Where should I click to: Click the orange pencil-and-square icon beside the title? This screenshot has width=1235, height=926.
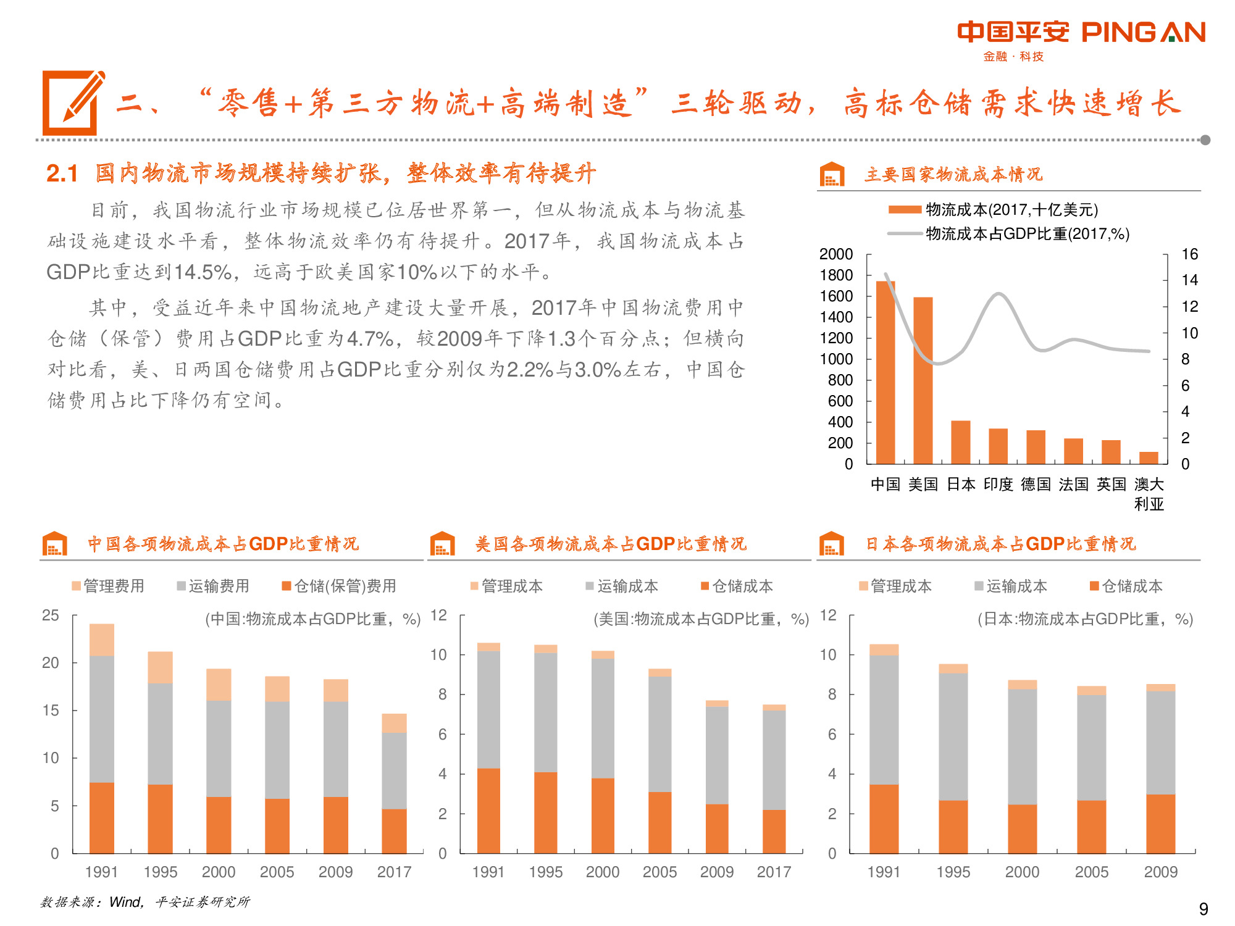click(x=72, y=103)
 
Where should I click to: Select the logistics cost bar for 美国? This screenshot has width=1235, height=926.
click(x=923, y=380)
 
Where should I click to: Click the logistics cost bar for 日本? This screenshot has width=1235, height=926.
click(x=960, y=442)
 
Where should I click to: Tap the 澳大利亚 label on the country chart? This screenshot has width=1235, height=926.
click(x=1149, y=494)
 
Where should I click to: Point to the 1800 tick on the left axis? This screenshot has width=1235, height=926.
click(x=836, y=275)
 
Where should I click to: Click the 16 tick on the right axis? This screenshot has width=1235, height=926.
click(x=1189, y=254)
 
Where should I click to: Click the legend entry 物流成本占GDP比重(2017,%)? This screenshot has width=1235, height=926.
click(x=1028, y=234)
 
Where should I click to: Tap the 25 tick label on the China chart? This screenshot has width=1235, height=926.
click(x=51, y=615)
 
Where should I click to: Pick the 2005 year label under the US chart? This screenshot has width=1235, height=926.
click(x=659, y=872)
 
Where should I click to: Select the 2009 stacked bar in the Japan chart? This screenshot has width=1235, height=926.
click(x=1160, y=769)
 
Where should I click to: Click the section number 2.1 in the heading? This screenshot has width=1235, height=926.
click(x=62, y=173)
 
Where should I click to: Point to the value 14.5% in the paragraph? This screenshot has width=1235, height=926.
click(x=203, y=272)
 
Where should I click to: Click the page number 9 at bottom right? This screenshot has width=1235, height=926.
click(x=1204, y=909)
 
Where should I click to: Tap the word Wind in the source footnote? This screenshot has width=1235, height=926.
click(x=125, y=902)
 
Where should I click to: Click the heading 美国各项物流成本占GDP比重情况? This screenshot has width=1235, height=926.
click(x=610, y=544)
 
